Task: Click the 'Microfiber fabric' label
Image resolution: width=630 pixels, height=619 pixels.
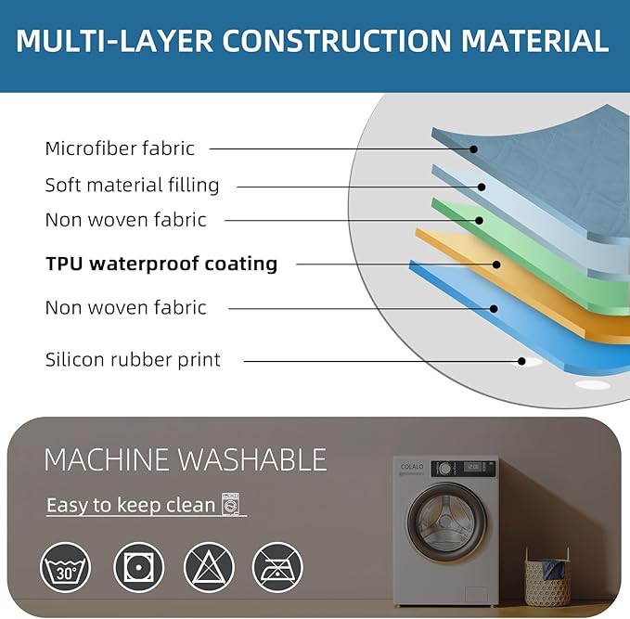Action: tap(120, 148)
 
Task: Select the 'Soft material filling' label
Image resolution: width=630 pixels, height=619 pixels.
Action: tap(132, 186)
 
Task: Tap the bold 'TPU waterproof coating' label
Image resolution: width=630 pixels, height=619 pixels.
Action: tap(161, 264)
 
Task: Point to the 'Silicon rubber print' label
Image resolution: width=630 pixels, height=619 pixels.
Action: tap(133, 359)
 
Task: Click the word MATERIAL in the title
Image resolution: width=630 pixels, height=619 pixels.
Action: tap(534, 41)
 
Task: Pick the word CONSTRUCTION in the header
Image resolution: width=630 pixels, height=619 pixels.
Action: tap(336, 41)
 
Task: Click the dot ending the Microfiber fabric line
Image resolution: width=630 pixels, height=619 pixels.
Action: tap(474, 149)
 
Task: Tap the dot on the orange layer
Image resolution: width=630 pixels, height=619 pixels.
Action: tap(496, 264)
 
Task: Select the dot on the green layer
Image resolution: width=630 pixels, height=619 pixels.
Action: tap(479, 220)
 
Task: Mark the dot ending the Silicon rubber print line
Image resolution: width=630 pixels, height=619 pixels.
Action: tap(521, 361)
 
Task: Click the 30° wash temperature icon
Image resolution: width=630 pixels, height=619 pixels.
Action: tap(66, 567)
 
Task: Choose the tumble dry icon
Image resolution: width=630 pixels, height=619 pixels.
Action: tap(138, 567)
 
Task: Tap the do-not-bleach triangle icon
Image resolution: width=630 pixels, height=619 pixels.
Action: tap(209, 567)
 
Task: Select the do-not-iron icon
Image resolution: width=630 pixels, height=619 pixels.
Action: tap(277, 567)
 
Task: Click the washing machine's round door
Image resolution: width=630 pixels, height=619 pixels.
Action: tap(447, 522)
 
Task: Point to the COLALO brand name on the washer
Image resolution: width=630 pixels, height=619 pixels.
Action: tap(412, 467)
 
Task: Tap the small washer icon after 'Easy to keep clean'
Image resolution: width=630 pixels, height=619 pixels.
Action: tap(231, 504)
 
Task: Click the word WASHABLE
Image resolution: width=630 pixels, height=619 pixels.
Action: tap(252, 459)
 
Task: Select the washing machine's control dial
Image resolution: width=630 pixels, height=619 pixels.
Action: tap(444, 469)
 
